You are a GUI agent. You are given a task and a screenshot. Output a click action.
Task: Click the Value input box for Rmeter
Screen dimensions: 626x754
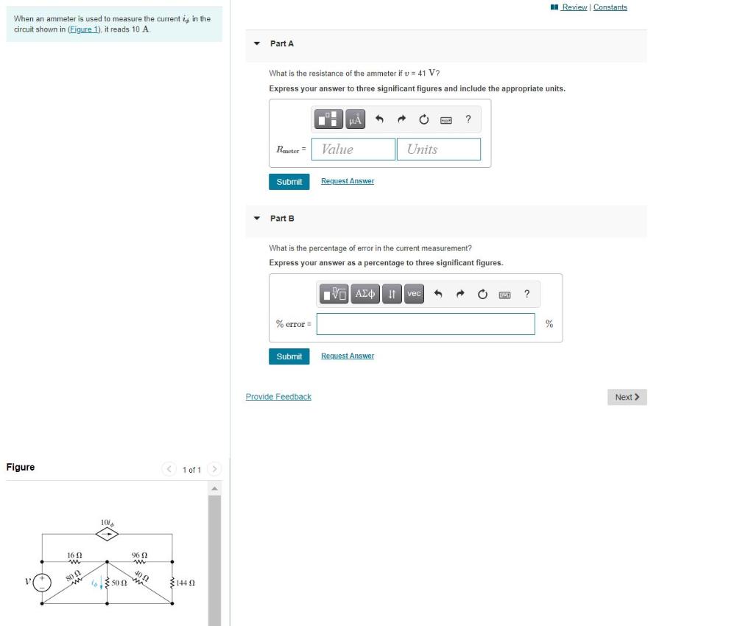click(353, 150)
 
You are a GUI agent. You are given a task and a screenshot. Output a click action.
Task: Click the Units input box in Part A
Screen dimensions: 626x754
click(439, 150)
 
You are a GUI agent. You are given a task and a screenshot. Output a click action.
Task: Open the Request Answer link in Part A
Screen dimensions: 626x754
click(348, 181)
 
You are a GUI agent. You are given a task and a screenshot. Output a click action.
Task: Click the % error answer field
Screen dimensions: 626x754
click(426, 324)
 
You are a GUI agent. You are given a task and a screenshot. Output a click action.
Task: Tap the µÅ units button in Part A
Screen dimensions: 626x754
click(356, 119)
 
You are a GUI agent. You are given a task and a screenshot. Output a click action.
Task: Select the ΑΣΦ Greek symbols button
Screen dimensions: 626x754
click(365, 295)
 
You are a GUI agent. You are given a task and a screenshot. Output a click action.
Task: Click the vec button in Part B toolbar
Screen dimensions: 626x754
click(414, 295)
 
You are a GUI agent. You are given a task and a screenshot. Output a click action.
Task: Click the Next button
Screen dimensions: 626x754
click(627, 397)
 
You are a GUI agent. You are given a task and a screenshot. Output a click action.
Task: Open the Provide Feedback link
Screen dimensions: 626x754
click(278, 397)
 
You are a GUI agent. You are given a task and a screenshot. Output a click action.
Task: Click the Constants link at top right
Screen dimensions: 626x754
click(610, 7)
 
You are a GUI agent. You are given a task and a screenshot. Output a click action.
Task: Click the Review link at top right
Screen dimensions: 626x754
click(574, 7)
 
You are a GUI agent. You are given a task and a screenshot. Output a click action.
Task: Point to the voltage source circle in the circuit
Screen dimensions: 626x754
click(41, 582)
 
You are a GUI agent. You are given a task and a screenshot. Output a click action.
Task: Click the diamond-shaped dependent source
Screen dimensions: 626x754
click(108, 534)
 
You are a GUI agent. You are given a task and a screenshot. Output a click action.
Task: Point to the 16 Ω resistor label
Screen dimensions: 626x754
click(74, 555)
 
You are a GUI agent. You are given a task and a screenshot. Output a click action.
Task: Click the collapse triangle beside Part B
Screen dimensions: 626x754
click(256, 219)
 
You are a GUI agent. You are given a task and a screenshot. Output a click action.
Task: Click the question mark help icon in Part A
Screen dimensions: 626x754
click(468, 119)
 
